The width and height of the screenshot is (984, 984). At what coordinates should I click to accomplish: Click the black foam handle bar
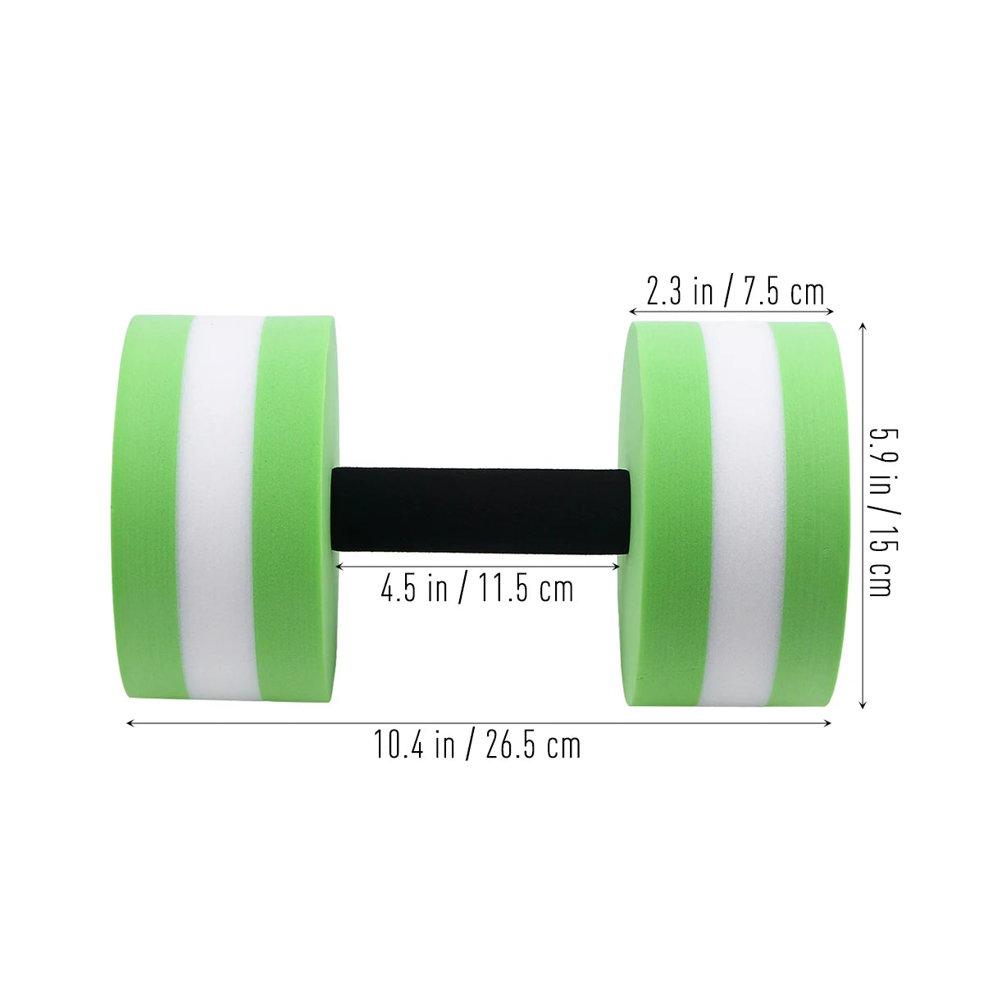pyautogui.click(x=481, y=508)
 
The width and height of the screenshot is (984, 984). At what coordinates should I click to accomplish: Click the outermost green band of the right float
pyautogui.click(x=808, y=508)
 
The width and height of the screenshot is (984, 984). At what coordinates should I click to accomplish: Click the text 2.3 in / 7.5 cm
pyautogui.click(x=734, y=291)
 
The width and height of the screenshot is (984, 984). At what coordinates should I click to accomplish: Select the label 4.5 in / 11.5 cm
pyautogui.click(x=477, y=588)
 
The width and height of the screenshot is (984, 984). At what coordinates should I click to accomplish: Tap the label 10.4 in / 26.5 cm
pyautogui.click(x=478, y=745)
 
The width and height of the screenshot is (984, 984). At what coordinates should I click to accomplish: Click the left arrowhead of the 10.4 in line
pyautogui.click(x=130, y=722)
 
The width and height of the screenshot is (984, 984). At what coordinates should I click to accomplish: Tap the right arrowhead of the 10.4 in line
pyautogui.click(x=828, y=722)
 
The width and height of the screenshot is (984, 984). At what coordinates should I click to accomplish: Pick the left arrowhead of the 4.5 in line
pyautogui.click(x=339, y=564)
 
